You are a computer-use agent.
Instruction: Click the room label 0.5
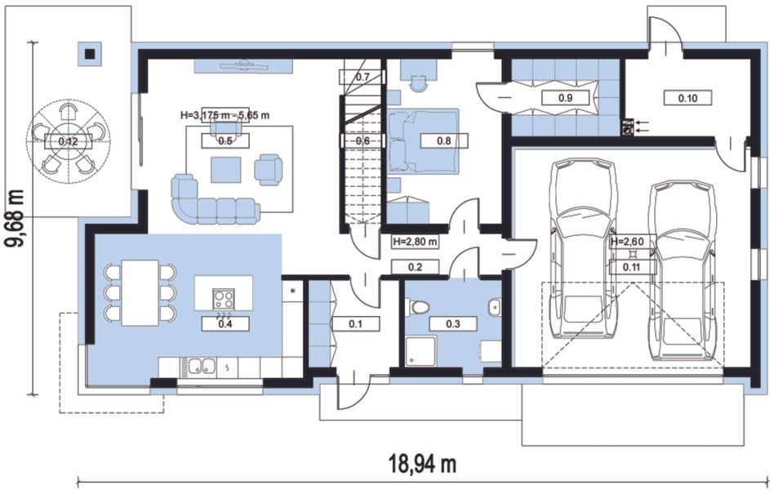(225, 140)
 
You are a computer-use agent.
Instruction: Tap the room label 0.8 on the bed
(444, 140)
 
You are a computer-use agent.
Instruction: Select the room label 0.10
(687, 98)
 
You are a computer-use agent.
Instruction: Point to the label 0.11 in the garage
(632, 267)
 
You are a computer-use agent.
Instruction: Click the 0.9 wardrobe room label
(565, 98)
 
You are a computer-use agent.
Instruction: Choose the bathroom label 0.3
(452, 323)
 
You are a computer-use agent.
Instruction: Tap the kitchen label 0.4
(225, 323)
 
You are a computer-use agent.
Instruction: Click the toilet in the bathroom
(417, 307)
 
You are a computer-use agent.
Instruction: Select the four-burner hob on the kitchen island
(224, 298)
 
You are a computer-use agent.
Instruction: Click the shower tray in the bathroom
(421, 351)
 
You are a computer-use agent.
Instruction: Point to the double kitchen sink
(202, 366)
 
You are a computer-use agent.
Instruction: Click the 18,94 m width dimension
(422, 464)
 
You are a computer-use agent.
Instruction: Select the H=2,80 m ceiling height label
(415, 242)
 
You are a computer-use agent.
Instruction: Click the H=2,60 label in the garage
(627, 242)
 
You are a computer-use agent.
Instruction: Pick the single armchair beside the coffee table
(269, 169)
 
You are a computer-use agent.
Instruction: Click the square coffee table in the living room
(226, 169)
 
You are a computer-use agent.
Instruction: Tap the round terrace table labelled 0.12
(68, 141)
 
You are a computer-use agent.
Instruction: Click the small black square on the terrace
(91, 54)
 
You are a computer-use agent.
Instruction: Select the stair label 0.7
(363, 77)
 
